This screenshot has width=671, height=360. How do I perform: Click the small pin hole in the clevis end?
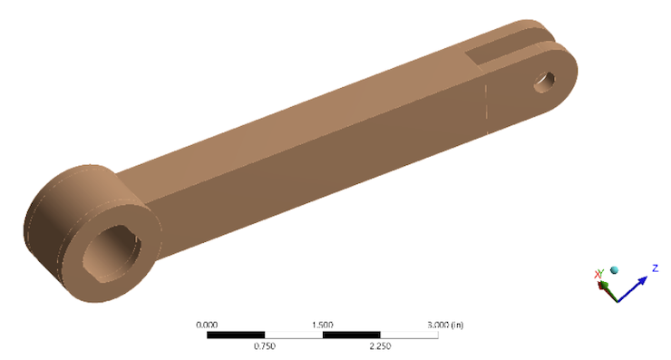pos(545,81)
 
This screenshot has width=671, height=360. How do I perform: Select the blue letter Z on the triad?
pos(655,268)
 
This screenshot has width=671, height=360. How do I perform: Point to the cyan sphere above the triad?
pos(614,269)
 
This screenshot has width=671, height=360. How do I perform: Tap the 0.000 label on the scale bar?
pos(207,324)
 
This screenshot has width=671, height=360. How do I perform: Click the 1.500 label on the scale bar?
pos(323,324)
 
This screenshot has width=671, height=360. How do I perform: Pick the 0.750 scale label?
pos(265,345)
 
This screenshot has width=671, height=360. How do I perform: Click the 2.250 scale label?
pos(380,345)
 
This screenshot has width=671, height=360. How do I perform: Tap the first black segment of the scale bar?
pos(236,335)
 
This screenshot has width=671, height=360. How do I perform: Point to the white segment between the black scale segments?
pos(293,335)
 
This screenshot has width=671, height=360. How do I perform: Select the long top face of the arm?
pos(317,109)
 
